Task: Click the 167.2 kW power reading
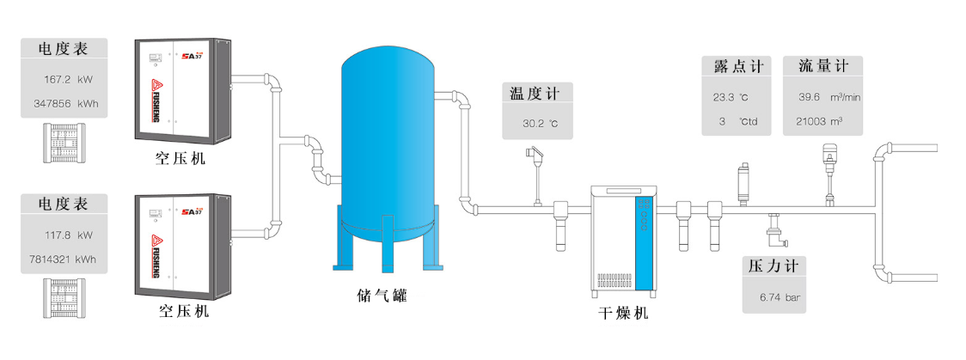pos(67,80)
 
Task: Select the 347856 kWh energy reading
pos(66,103)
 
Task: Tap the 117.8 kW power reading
pos(68,234)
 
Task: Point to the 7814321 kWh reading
pos(62,258)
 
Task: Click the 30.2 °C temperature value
pos(540,124)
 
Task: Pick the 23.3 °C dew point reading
pos(731,97)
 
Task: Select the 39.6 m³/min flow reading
pos(828,97)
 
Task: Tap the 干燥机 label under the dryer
pos(623,314)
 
